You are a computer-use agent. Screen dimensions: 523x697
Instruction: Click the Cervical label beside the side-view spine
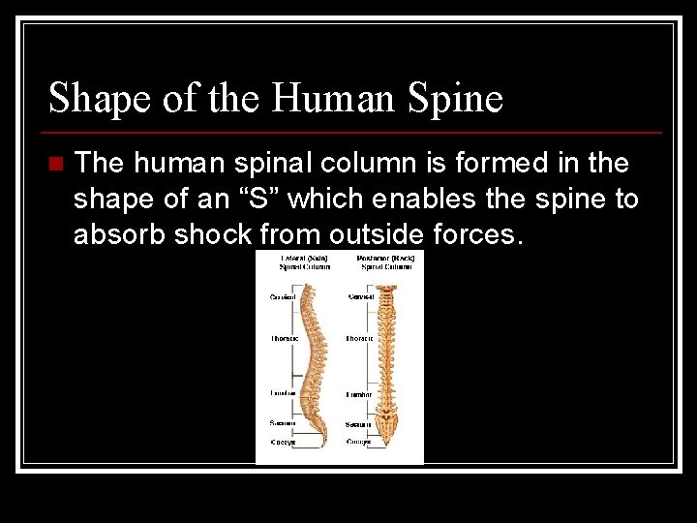[x=283, y=296]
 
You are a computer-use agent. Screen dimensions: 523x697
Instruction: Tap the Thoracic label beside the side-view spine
[x=283, y=338]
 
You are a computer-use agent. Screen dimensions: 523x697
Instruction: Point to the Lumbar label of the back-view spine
[x=360, y=394]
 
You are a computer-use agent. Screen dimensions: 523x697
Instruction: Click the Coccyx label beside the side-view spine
[x=283, y=442]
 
